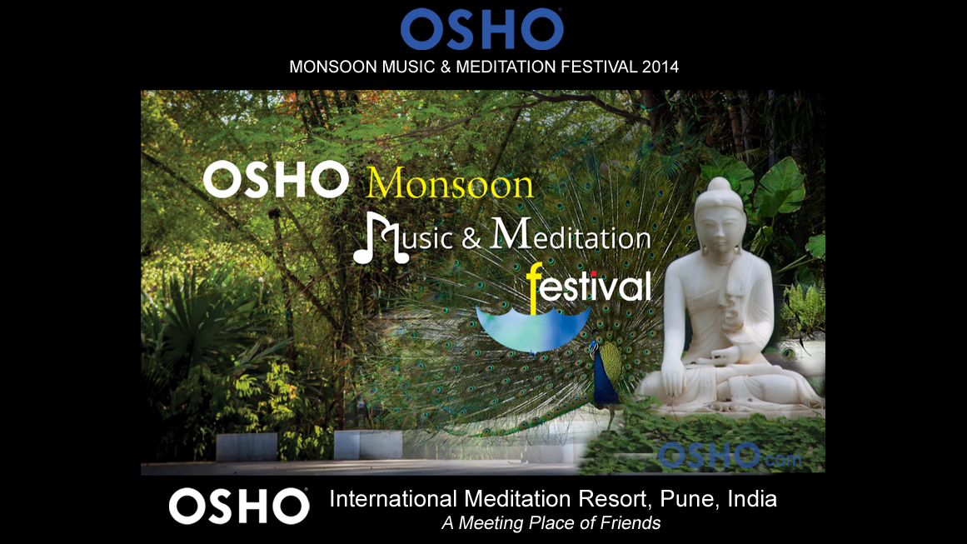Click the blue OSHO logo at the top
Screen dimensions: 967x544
click(481, 29)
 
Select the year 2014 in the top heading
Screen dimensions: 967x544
click(660, 67)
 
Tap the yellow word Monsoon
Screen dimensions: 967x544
click(451, 183)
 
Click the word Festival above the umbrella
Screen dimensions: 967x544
click(589, 287)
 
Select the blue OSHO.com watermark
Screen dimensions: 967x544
click(730, 457)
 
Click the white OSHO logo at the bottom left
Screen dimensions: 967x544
click(239, 507)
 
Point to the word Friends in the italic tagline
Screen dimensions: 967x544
click(630, 523)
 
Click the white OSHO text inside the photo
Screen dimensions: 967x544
click(276, 179)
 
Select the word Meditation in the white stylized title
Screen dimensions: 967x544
click(571, 234)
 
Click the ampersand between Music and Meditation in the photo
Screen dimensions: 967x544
click(471, 238)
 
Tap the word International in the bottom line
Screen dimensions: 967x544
click(393, 498)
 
